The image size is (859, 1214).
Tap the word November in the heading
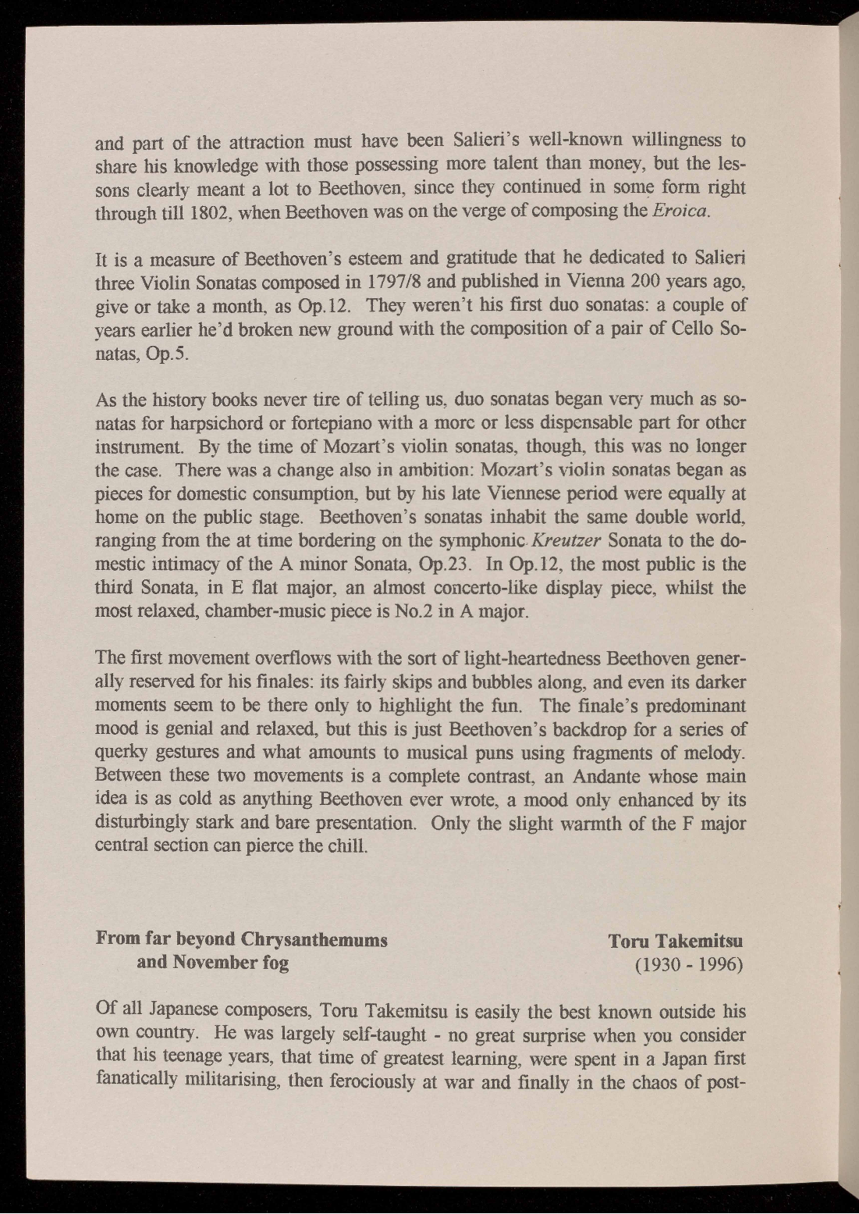218,962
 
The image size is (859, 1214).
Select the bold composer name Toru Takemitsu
675,941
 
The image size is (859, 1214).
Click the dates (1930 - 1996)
689,964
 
